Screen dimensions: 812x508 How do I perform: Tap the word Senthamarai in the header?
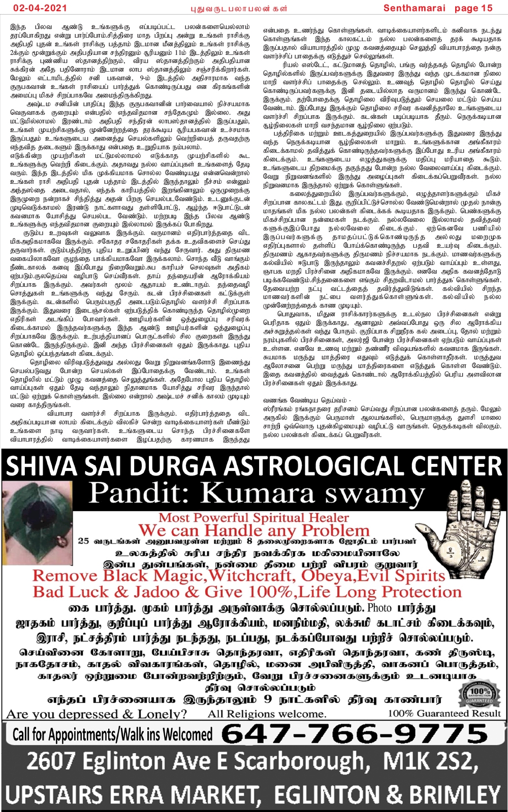click(415, 8)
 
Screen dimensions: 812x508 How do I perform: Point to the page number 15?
click(487, 8)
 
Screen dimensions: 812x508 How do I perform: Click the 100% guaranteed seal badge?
click(479, 693)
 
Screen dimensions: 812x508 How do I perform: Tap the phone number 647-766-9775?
click(355, 734)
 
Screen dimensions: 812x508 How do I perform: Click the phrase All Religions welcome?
click(267, 714)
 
